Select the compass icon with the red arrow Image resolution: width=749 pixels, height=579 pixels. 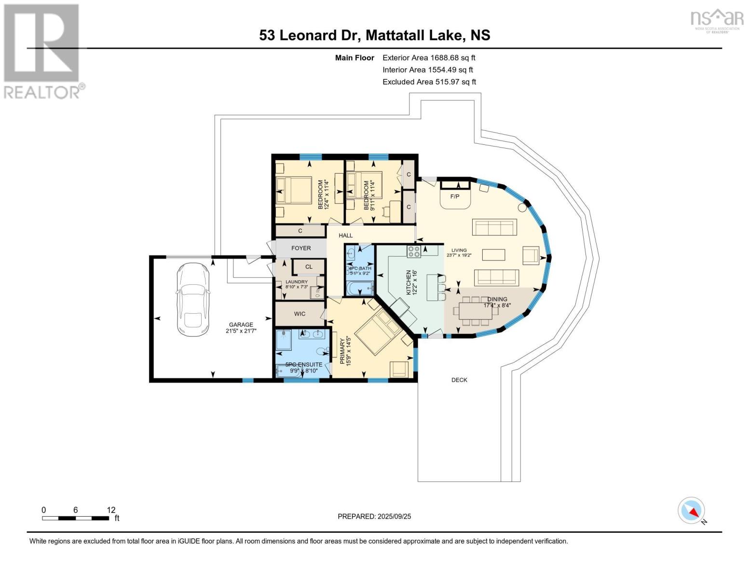(692, 510)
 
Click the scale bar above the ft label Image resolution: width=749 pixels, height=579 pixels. (75, 518)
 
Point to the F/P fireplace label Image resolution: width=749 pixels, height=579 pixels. (454, 197)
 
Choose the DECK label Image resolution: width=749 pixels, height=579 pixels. (459, 380)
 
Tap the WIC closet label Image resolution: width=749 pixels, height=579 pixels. (300, 314)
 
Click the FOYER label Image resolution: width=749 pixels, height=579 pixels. (301, 248)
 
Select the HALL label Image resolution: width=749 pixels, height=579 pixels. (345, 235)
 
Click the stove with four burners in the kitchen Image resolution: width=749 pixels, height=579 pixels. (414, 251)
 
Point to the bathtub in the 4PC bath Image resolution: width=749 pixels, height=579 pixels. (360, 289)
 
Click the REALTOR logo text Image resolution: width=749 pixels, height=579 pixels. (43, 92)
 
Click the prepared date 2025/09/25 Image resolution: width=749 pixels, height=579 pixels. (374, 516)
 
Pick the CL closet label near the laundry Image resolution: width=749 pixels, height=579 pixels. (309, 266)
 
